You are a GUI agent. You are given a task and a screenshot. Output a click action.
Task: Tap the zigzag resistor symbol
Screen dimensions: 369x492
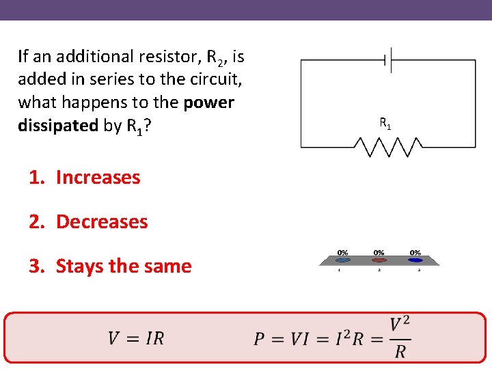click(x=387, y=146)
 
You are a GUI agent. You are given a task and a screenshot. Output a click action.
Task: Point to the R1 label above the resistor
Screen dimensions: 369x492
click(x=385, y=124)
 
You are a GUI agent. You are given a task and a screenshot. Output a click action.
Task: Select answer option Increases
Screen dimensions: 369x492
click(x=98, y=177)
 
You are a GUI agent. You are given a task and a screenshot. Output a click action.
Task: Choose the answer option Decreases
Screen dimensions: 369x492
click(x=102, y=221)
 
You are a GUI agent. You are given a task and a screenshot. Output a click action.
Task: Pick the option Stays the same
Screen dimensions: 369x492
click(x=123, y=266)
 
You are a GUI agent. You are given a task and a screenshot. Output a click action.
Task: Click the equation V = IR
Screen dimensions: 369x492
click(x=136, y=338)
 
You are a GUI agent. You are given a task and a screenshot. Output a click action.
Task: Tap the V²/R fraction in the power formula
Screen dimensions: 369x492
click(x=400, y=338)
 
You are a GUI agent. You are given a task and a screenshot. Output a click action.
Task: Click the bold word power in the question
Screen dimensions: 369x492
click(x=208, y=102)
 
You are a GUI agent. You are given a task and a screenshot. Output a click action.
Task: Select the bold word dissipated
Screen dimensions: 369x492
click(x=58, y=126)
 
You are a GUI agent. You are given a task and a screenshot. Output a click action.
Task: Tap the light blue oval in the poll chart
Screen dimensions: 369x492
click(x=343, y=260)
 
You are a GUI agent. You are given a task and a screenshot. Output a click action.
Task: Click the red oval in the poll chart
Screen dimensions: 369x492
click(x=379, y=260)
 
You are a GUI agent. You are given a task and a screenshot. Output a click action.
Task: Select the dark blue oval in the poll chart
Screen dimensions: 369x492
click(x=415, y=260)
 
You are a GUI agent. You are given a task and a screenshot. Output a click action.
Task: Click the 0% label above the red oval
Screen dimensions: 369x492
click(x=379, y=252)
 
